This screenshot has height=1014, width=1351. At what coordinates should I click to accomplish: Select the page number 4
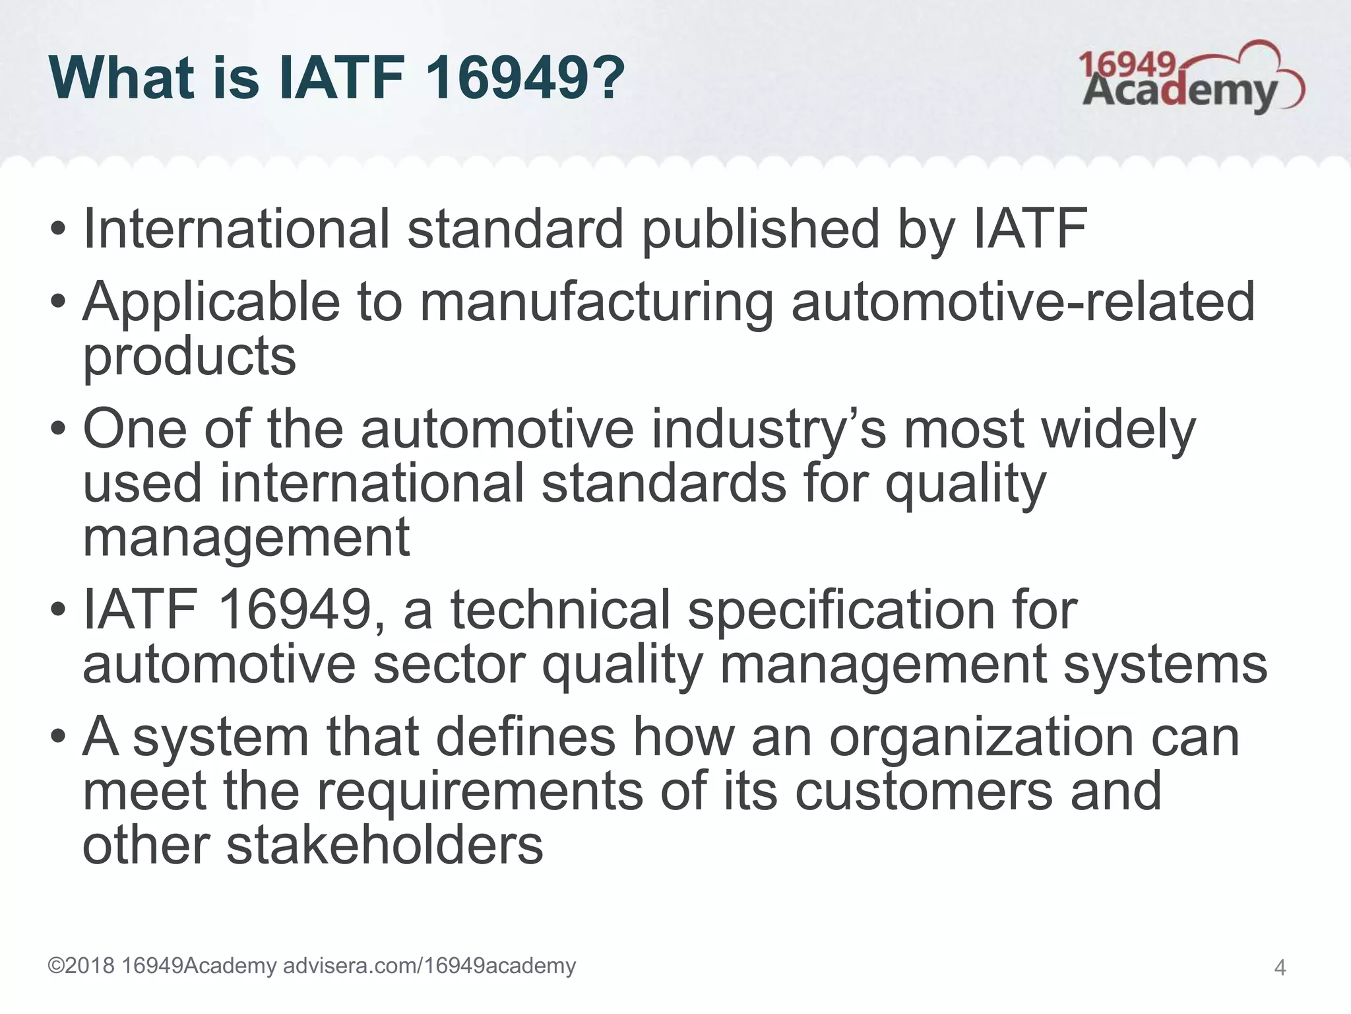[1280, 968]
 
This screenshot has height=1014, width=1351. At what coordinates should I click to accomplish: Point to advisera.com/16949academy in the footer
[429, 966]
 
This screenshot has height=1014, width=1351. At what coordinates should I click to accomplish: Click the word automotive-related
[1022, 301]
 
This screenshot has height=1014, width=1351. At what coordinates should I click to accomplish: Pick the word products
[189, 356]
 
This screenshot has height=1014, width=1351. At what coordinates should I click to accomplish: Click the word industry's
[769, 430]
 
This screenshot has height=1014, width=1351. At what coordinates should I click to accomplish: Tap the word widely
[1118, 430]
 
